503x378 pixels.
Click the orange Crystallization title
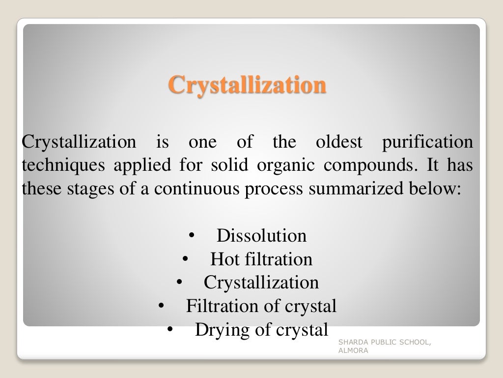pos(247,85)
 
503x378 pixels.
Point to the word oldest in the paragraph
pos(338,142)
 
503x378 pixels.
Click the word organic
pos(285,166)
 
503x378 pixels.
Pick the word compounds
pos(369,166)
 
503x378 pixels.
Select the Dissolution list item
pos(261,236)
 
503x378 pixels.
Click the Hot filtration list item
pos(261,259)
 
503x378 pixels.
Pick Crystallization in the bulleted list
pos(261,283)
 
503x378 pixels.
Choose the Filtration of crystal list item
pos(261,307)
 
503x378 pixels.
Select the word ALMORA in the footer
pos(353,351)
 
